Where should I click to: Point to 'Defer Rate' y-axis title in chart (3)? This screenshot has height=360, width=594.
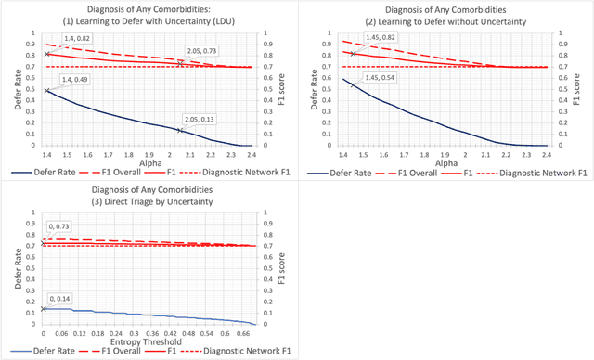11,269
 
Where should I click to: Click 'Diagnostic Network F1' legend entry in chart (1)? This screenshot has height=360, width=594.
244,171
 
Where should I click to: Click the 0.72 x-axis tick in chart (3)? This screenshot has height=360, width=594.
254,332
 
